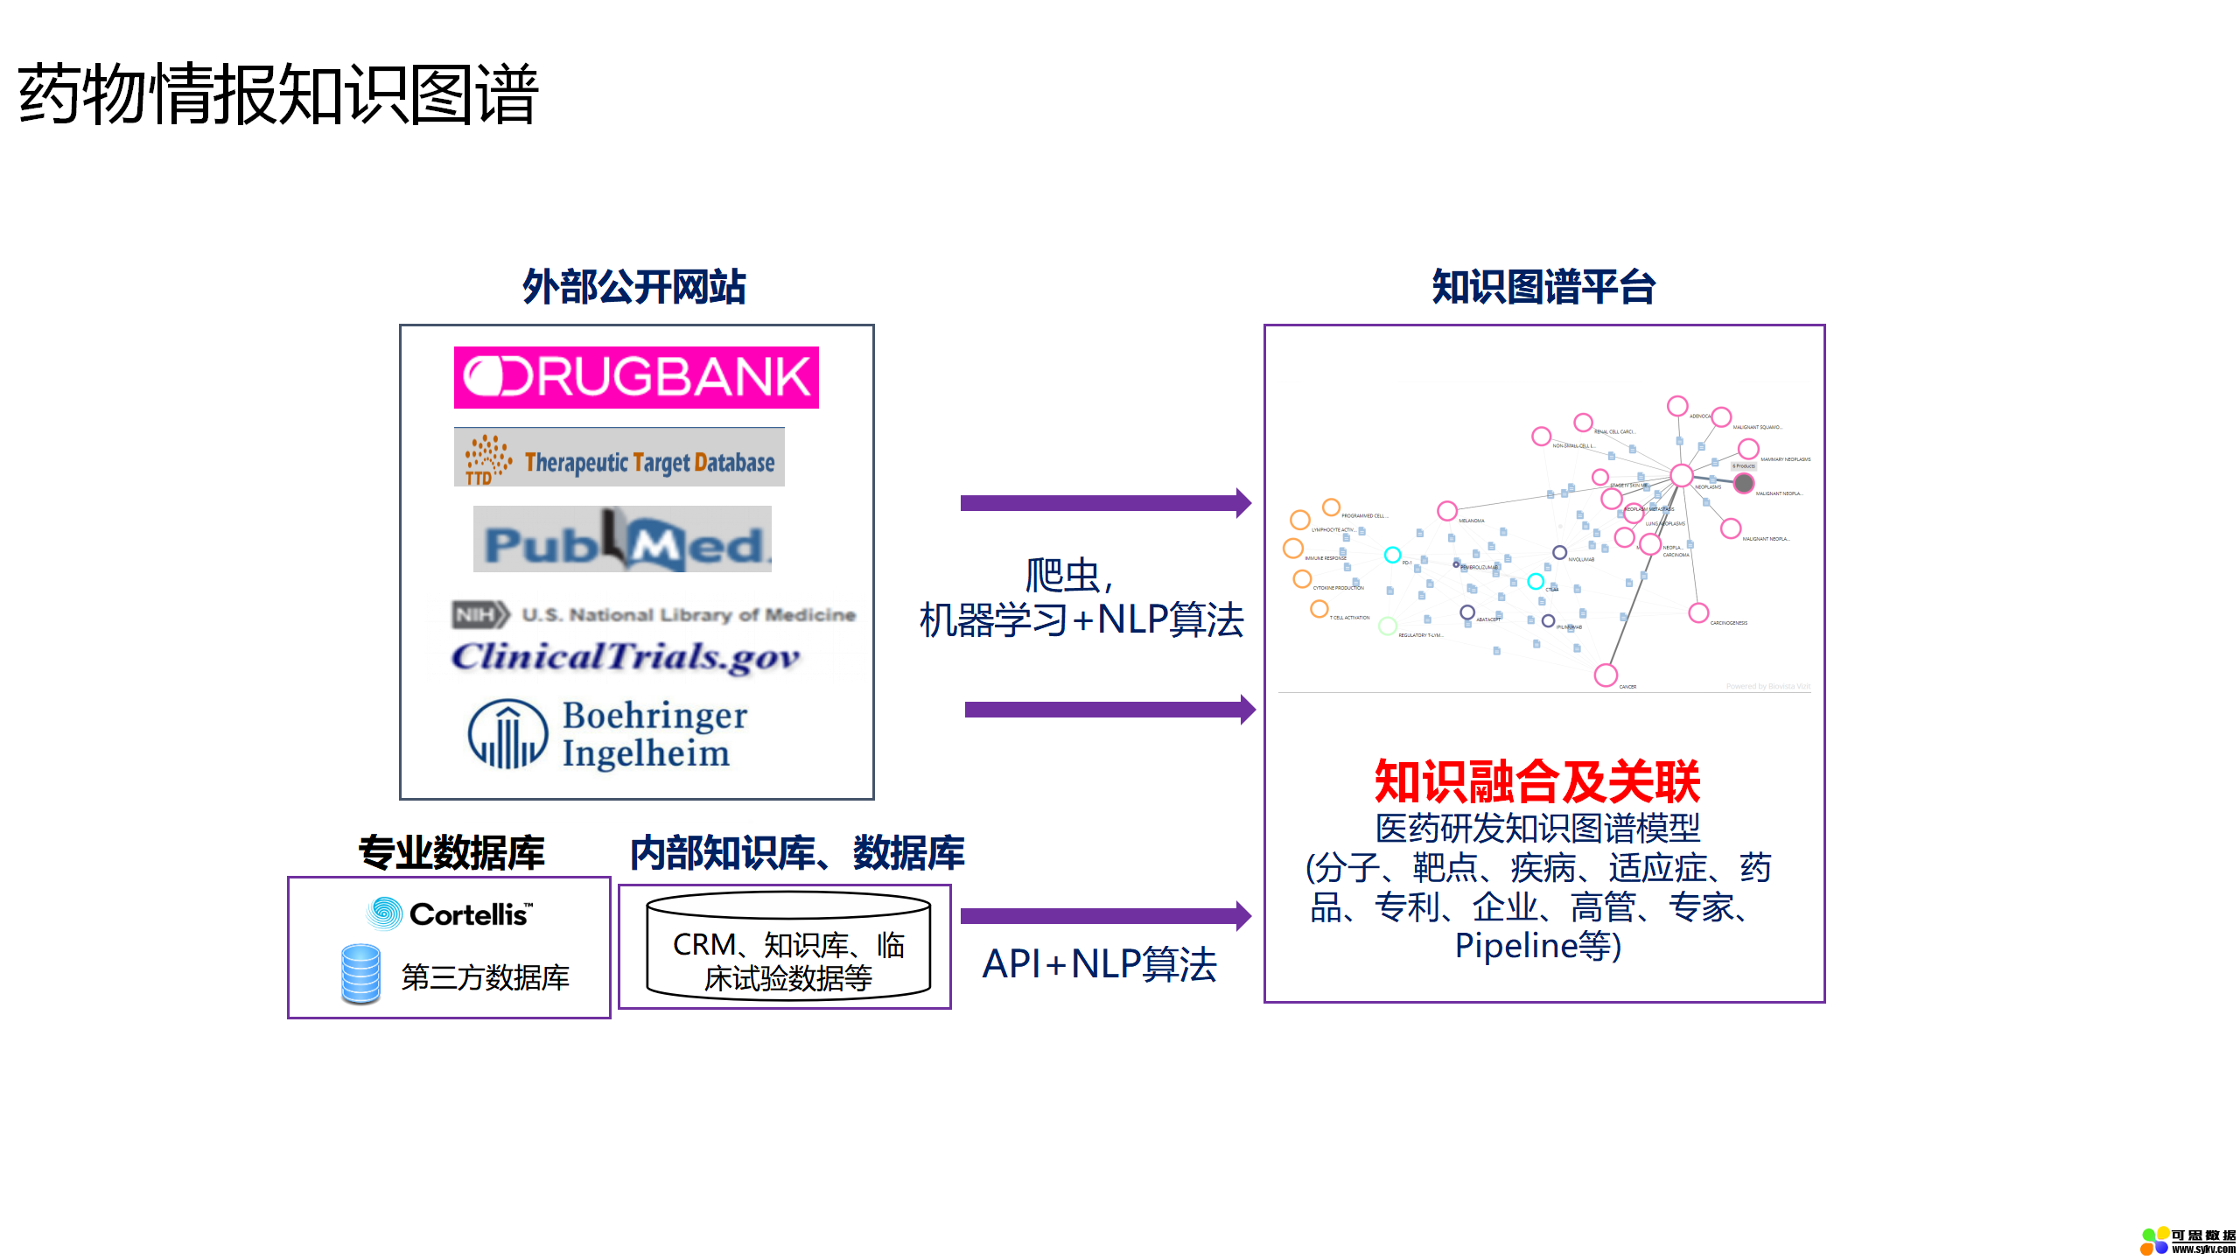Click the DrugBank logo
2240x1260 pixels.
click(636, 377)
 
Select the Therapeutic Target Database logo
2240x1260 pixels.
click(619, 458)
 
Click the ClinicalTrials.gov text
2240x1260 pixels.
click(625, 657)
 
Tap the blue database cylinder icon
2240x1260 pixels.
click(360, 974)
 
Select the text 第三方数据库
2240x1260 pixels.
click(485, 977)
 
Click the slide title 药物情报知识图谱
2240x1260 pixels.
click(277, 94)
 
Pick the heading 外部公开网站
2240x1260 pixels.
click(633, 287)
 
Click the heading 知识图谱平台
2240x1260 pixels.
click(1543, 287)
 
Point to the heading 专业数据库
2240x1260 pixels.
click(451, 852)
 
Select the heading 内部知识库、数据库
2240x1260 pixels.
click(796, 852)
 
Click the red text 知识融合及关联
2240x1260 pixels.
click(1537, 781)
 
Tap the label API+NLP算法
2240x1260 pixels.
click(1099, 964)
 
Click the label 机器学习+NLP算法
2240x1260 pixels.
click(1081, 619)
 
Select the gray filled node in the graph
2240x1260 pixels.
click(1744, 483)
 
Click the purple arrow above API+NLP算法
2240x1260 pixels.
click(1105, 916)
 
